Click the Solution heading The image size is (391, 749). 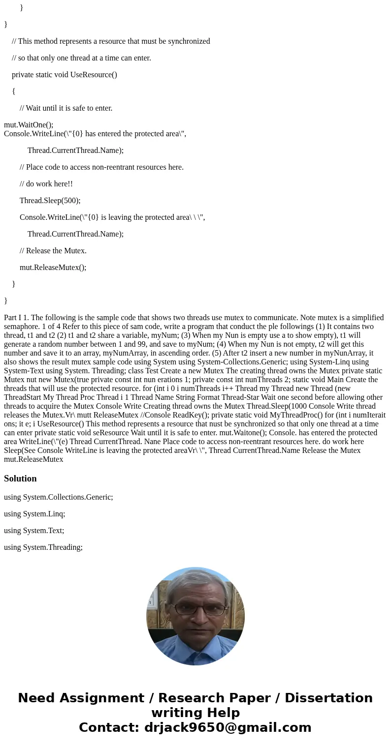click(20, 479)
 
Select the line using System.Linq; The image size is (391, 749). click(34, 513)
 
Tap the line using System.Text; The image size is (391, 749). click(34, 530)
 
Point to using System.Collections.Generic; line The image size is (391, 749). click(58, 497)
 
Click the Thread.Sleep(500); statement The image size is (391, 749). click(50, 200)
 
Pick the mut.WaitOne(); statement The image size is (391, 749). click(29, 124)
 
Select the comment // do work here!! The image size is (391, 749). click(46, 183)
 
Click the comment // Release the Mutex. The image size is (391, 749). click(53, 250)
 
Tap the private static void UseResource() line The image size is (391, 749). click(65, 74)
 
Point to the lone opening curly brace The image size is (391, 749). click(14, 91)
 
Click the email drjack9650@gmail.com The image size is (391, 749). click(228, 727)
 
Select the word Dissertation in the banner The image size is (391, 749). click(328, 698)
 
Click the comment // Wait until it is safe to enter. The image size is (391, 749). click(66, 108)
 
